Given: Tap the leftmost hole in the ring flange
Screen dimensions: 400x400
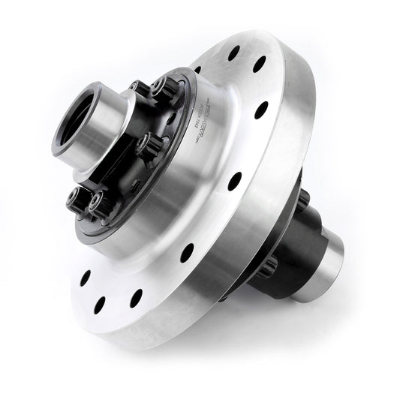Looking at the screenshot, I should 85,277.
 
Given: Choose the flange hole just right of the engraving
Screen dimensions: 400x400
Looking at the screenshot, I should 262,110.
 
